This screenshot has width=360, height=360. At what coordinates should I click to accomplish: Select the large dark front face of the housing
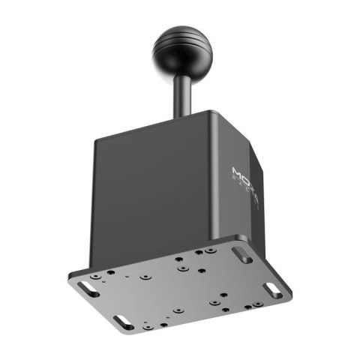tap(157, 187)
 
